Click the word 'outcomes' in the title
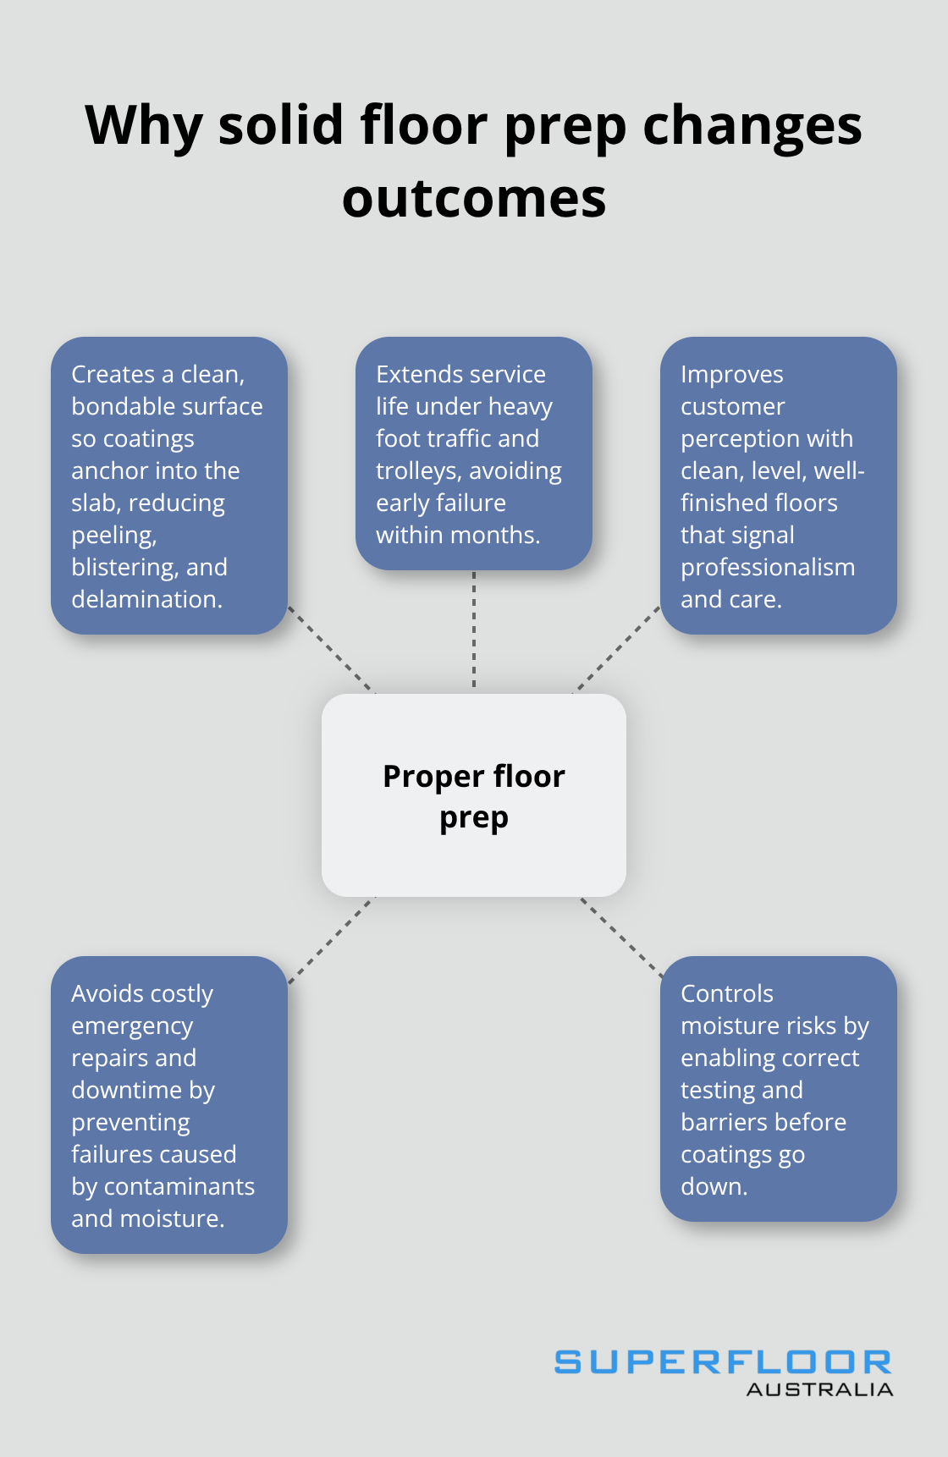pyautogui.click(x=474, y=200)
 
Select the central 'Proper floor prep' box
pyautogui.click(x=474, y=795)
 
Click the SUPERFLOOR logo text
pyautogui.click(x=722, y=1362)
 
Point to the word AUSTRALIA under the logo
pyautogui.click(x=819, y=1390)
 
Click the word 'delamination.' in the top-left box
pyautogui.click(x=146, y=599)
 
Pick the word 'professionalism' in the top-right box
pyautogui.click(x=768, y=567)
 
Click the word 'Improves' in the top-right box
pyautogui.click(x=731, y=374)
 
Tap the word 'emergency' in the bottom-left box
pyautogui.click(x=132, y=1026)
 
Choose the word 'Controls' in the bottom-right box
pyautogui.click(x=726, y=993)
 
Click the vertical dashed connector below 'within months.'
pyautogui.click(x=474, y=630)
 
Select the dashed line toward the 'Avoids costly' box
pyautogui.click(x=331, y=940)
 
